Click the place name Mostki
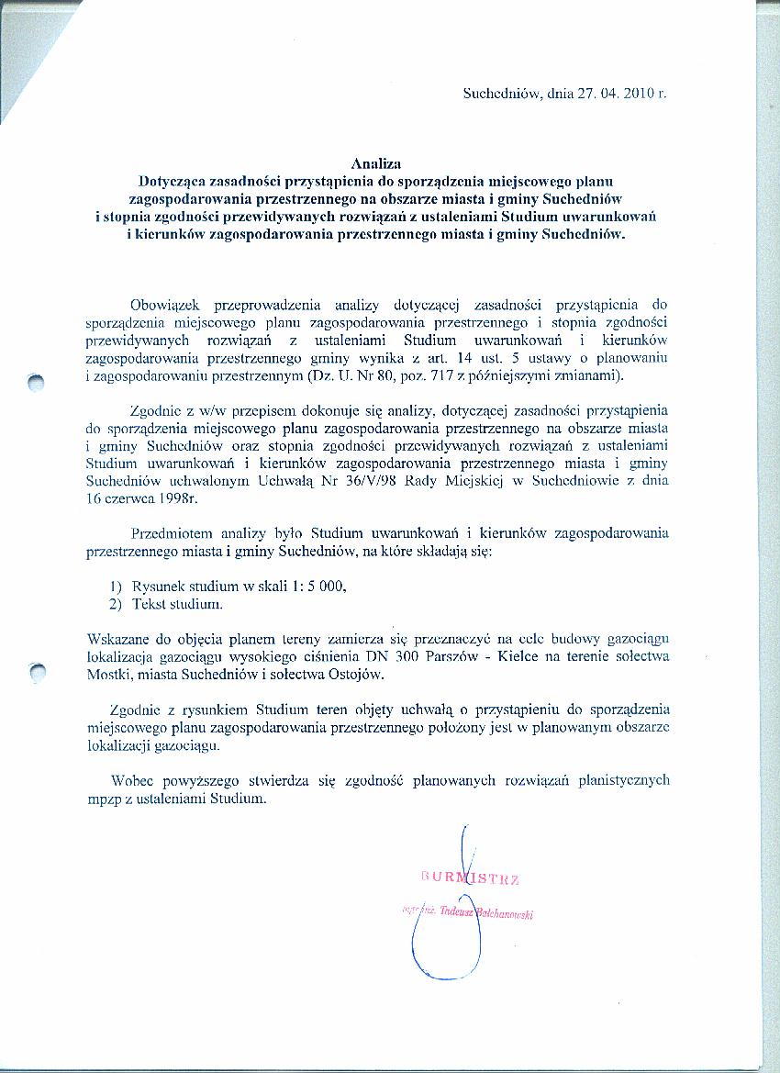point(109,673)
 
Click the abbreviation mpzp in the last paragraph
point(103,798)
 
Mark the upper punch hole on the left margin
point(36,384)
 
